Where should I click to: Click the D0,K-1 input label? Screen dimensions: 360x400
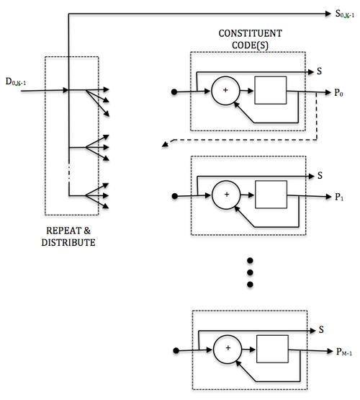16,82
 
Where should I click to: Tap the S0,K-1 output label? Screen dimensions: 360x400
345,14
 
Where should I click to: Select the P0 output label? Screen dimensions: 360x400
338,92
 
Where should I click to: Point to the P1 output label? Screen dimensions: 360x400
339,197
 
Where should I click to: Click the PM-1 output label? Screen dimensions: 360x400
344,352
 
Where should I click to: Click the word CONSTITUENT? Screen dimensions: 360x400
250,33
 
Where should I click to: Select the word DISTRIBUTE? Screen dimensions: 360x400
68,242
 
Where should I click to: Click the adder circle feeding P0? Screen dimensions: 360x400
225,91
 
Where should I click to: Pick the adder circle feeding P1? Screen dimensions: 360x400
226,195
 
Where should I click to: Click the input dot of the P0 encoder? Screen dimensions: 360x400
174,92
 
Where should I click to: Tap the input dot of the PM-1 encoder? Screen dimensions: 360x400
176,351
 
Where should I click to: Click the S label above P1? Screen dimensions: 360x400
320,176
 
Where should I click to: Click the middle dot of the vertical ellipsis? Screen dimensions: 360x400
250,272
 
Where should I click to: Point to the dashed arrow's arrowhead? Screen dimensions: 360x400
165,144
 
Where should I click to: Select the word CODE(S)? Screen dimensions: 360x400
250,45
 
